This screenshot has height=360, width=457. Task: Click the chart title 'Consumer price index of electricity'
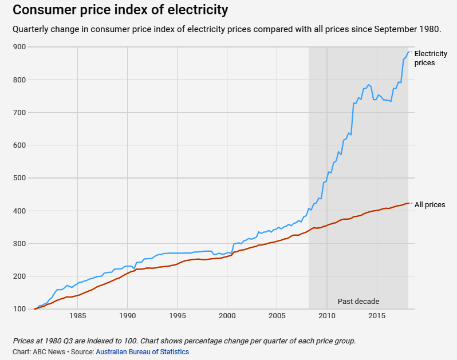coord(120,10)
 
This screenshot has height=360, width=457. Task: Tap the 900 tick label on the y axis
coord(20,47)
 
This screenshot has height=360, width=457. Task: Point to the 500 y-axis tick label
coord(20,178)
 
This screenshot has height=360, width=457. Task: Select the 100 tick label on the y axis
coord(20,309)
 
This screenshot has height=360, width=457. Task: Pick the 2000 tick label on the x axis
coord(227,316)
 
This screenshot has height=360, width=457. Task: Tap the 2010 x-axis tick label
coord(327,316)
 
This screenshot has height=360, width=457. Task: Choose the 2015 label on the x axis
coord(377,316)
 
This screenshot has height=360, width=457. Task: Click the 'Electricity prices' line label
coord(431,58)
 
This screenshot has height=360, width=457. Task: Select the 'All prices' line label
coord(430,204)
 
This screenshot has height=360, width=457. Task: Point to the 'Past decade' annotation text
coord(358,301)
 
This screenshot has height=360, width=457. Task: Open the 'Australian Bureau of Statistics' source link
coord(142,352)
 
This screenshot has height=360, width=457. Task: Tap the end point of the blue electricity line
coord(408,52)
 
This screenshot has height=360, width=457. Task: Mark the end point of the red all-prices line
coord(408,203)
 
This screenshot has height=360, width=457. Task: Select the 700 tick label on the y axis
coord(20,113)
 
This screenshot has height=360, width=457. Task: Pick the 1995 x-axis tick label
coord(178,316)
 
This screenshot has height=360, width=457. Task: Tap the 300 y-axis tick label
coord(20,244)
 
